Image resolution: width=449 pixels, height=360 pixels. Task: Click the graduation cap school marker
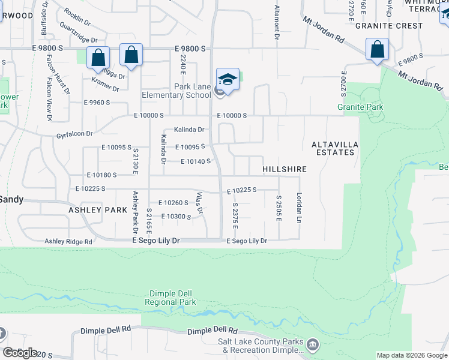228,79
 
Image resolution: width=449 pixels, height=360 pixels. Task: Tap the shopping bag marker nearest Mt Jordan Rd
377,49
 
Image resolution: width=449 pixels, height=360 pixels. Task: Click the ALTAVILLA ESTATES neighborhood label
333,148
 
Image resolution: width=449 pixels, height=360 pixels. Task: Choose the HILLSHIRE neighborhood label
285,170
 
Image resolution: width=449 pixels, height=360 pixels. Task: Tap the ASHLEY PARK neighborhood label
98,210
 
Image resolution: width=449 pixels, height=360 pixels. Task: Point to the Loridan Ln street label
298,208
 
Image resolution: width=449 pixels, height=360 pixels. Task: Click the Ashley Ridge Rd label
68,241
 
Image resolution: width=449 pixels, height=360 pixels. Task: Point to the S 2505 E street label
279,208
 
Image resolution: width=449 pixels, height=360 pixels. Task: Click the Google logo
20,353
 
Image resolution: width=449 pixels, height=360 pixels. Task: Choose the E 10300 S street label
176,216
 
